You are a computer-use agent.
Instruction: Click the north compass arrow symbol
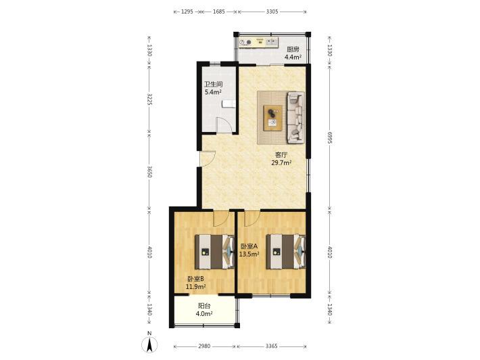coord(149,344)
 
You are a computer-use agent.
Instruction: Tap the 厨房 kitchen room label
coord(293,49)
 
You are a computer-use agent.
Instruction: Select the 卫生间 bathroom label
coord(214,85)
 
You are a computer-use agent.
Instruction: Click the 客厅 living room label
coord(281,155)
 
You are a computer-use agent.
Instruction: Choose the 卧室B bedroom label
coord(195,279)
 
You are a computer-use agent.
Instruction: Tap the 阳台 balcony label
coord(204,306)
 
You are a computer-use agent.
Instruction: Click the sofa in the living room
coord(295,118)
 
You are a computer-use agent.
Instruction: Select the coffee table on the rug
coord(273,118)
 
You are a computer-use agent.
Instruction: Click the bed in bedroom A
coord(286,252)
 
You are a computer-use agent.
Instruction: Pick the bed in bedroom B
coord(215,252)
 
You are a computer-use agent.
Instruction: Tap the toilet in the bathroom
coord(229,104)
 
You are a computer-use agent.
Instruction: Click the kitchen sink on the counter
coord(272,42)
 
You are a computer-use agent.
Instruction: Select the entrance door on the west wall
coord(208,159)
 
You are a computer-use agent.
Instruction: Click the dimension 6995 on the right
coord(329,137)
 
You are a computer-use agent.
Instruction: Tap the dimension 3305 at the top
coord(272,12)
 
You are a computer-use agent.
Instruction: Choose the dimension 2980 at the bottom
coord(204,346)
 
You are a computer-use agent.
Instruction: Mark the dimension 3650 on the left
coord(149,172)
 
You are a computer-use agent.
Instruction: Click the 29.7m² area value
coord(281,162)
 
